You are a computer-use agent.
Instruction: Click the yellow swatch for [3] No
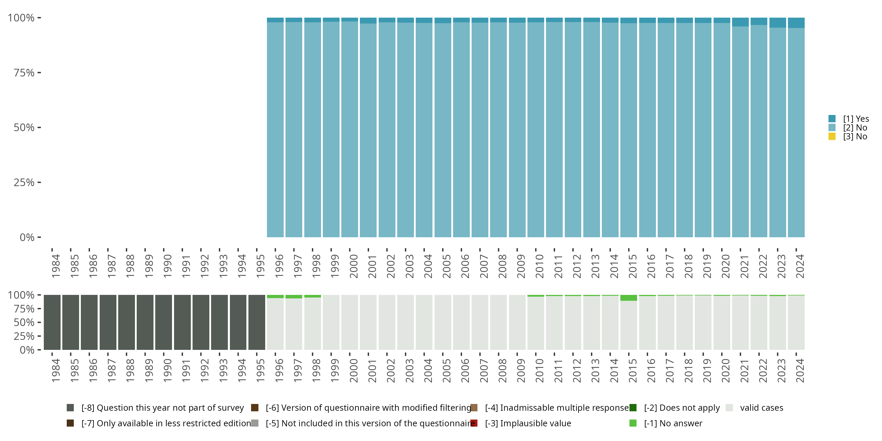point(832,137)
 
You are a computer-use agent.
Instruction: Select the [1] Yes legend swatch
point(832,119)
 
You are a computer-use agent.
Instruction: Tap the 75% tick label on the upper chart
point(24,73)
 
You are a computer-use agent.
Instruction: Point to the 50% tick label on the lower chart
point(24,323)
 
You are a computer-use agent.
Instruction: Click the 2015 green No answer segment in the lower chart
point(629,298)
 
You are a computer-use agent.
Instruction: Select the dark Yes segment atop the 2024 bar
point(796,23)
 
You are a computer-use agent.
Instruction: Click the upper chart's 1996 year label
point(279,266)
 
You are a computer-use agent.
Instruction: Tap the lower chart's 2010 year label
point(539,370)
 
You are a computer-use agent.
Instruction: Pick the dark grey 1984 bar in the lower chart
point(52,323)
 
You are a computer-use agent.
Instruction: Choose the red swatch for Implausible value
point(474,423)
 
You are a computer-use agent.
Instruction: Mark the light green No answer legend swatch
point(633,423)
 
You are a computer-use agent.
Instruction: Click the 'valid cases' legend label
point(761,408)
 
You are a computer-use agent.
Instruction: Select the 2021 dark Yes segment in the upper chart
point(740,22)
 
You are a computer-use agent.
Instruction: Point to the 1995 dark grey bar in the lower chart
point(257,323)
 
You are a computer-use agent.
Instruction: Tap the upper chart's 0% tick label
point(27,237)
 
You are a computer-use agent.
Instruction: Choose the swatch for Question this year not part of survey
point(70,408)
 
